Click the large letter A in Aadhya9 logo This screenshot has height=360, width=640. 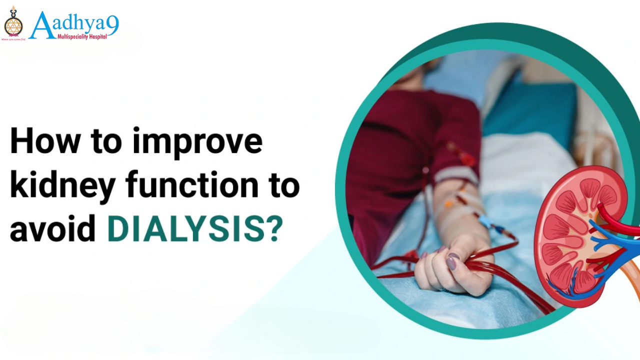click(42, 25)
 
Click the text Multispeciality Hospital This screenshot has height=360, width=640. click(82, 36)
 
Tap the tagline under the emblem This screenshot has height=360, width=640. click(13, 38)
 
